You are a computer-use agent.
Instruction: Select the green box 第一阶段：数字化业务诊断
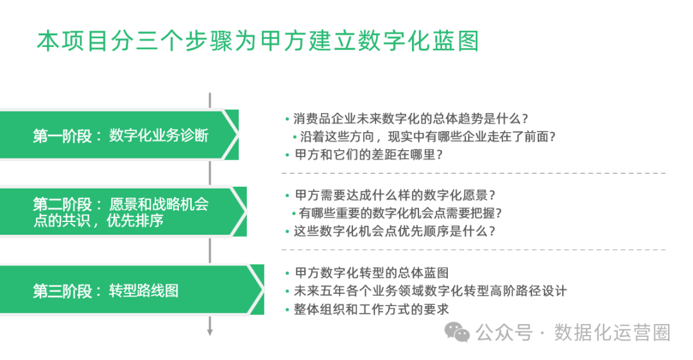point(119,135)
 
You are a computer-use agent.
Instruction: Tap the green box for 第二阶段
point(122,212)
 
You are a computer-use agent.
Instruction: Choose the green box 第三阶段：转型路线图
point(128,291)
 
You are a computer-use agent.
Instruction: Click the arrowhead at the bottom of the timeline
point(210,332)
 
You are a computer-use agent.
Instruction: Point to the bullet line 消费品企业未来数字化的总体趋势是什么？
point(411,119)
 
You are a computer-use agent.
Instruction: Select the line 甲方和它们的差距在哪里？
point(369,155)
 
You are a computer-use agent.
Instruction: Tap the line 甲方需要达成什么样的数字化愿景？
point(395,195)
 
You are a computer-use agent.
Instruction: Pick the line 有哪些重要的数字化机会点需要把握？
point(400,213)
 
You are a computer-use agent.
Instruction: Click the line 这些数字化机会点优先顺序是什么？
point(395,231)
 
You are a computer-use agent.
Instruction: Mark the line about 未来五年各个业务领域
point(430,291)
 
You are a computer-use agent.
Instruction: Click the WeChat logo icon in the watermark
point(459,332)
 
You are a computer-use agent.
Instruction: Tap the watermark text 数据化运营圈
point(613,332)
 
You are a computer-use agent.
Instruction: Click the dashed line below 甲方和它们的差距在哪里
point(474,173)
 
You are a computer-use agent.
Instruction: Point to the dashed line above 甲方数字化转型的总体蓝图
point(474,250)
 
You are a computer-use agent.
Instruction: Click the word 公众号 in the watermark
point(504,332)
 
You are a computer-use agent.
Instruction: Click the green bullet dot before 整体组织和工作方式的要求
point(287,310)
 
